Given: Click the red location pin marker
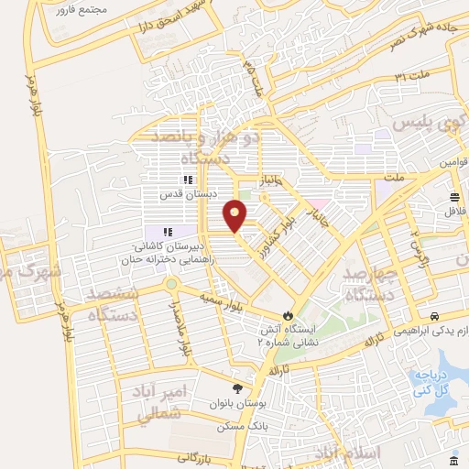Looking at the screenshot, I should [236, 216].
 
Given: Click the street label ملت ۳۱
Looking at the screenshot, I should [413, 78].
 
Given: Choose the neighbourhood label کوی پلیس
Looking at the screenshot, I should [427, 121].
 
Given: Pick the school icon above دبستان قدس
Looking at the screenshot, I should [188, 180].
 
